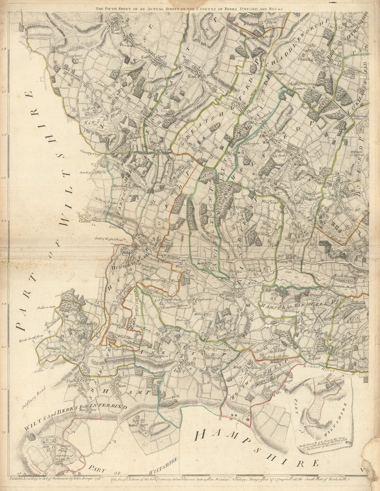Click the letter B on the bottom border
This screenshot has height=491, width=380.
coord(79,474)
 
